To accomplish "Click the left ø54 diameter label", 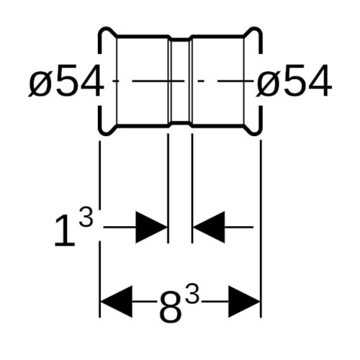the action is point(66,81).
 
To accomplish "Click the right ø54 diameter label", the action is point(294,81).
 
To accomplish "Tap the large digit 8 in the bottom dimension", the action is point(170,307).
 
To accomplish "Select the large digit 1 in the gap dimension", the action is point(65,231).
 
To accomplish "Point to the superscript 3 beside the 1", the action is point(86,217).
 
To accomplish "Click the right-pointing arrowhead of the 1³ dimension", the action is point(151,227).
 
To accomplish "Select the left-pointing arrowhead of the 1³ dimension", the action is point(209,227).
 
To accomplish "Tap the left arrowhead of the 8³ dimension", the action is point(117,302).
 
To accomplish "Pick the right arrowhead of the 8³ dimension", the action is point(244,302).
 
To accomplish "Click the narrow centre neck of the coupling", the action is point(180,81).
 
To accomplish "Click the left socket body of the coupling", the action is point(143,81).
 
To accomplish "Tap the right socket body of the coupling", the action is point(217,81).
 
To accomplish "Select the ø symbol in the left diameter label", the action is point(40,83).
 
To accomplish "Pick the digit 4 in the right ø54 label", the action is point(320,81).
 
